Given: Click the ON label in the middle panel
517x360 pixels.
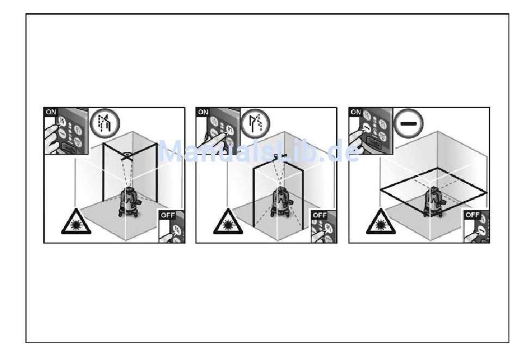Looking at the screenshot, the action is [202, 113].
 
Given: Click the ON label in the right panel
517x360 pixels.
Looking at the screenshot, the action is [355, 113].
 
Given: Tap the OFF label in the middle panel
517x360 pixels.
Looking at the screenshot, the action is [319, 215].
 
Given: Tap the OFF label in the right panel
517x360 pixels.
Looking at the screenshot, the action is [472, 215].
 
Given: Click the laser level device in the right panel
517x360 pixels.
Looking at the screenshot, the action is [434, 201].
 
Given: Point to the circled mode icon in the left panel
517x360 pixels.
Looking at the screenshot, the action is [103, 123].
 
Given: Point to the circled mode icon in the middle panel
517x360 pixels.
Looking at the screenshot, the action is [256, 123].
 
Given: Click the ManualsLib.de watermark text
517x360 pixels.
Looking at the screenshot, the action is [258, 152].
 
